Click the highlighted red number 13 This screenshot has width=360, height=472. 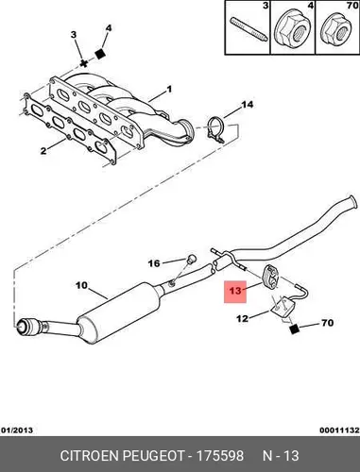tap(235, 291)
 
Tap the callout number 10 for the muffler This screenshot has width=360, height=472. tap(81, 285)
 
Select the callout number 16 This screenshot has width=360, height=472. tap(154, 263)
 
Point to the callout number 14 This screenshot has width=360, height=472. tap(247, 104)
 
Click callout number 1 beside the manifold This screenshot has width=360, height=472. tap(169, 90)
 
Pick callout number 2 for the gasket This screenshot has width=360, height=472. tap(43, 151)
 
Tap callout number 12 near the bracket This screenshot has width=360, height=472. tap(243, 319)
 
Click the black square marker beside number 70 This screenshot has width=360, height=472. tap(294, 329)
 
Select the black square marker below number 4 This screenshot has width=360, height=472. tap(100, 54)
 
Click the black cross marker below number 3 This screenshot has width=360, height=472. tap(83, 63)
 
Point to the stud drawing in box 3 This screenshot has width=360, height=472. tap(249, 29)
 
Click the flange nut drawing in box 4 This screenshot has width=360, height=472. tap(292, 31)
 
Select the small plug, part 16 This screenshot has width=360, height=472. tap(191, 259)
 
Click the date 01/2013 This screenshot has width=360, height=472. tap(17, 430)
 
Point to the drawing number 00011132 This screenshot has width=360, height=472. tap(339, 430)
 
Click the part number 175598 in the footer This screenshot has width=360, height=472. tap(220, 456)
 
